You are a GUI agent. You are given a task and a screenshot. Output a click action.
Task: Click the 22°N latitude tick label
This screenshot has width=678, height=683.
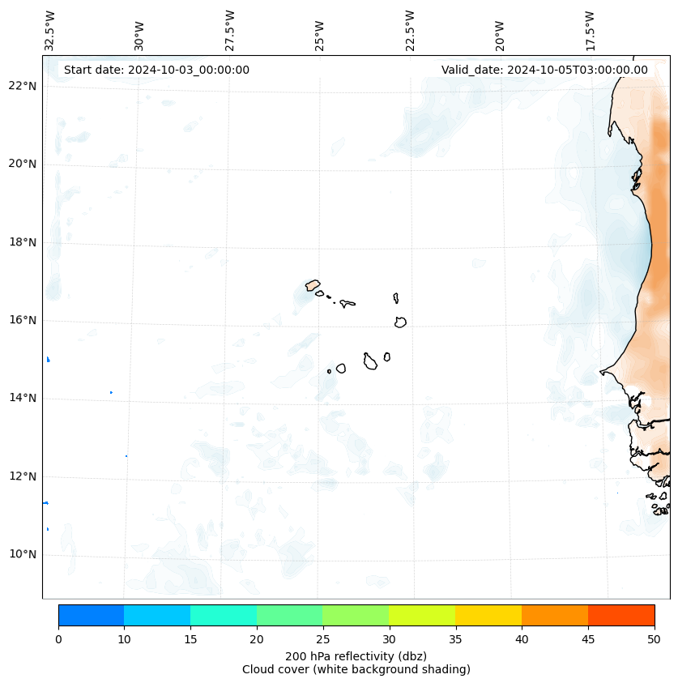[23, 86]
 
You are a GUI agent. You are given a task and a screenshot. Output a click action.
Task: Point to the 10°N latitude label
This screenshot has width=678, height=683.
[23, 554]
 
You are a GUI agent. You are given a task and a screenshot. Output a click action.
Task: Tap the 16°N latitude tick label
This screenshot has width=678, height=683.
[23, 320]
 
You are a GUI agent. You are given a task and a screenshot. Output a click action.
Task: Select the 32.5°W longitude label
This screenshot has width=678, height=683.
[50, 31]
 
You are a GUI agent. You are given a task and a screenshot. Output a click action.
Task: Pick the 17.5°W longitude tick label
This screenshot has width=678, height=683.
[590, 31]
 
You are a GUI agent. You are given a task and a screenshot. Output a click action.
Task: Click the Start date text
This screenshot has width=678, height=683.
[156, 70]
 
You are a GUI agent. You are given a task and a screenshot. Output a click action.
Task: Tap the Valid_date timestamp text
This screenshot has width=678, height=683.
[544, 70]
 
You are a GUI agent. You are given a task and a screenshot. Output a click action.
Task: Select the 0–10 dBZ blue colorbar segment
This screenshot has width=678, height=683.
[91, 615]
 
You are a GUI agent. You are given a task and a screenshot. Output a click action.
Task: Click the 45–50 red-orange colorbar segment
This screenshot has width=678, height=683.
[620, 615]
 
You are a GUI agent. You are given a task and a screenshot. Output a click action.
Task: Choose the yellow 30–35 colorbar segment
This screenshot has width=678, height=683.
[422, 615]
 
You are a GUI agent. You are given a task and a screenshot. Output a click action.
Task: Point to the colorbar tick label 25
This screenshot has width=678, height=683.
[322, 640]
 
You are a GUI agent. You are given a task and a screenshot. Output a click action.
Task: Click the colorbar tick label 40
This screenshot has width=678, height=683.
[522, 640]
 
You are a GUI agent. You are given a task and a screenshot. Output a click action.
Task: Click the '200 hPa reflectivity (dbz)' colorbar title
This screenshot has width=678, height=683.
[356, 655]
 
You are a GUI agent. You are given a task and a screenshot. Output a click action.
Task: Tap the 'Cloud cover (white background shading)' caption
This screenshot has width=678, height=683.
[356, 669]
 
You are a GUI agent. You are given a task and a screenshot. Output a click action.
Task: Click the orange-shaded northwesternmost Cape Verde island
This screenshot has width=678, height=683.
[313, 285]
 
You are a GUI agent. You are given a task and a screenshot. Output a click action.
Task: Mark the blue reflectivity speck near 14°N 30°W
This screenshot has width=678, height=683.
[111, 392]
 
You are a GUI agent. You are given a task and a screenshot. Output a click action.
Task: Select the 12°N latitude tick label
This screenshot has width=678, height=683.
[23, 476]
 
